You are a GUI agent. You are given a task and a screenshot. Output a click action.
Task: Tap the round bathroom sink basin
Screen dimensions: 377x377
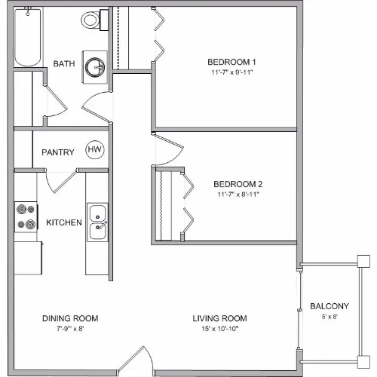(95, 67)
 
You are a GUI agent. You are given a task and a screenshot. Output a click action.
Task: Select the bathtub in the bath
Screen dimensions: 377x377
(28, 37)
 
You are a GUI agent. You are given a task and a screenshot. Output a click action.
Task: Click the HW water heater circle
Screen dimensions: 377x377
(95, 149)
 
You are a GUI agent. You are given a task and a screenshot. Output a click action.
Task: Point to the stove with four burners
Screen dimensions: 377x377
(26, 217)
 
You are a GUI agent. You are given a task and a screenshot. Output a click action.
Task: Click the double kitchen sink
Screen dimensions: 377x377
(97, 222)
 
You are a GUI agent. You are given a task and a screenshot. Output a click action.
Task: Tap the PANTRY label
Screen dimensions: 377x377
(58, 152)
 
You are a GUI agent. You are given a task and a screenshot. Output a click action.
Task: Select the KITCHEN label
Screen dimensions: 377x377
(64, 222)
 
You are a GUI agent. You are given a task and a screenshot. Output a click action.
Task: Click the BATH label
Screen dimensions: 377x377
(64, 63)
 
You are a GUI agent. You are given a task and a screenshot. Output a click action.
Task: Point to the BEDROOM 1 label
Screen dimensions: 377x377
(231, 62)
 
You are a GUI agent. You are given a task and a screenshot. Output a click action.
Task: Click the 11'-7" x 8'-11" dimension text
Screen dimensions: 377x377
(238, 195)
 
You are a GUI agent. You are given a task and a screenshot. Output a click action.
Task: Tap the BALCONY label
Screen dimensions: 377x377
(329, 306)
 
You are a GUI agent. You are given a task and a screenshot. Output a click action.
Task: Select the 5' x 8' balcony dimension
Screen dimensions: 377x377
(329, 317)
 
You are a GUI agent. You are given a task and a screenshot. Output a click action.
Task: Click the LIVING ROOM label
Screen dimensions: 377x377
(219, 318)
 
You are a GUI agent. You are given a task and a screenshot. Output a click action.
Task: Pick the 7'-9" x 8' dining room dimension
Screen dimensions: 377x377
(70, 329)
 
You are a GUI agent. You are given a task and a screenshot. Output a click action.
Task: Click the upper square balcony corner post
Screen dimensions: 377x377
(363, 261)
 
